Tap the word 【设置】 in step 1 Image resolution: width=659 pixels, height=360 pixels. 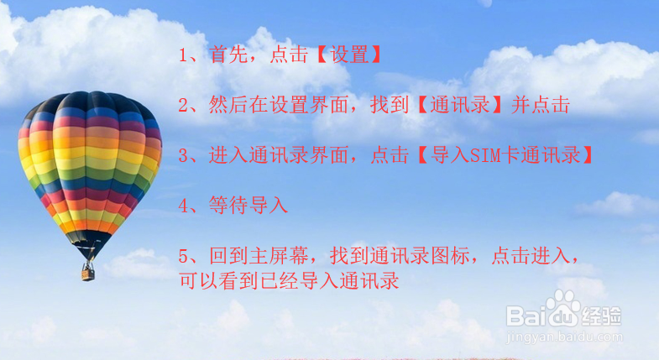(x=350, y=55)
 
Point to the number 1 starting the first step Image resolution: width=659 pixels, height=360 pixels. (x=185, y=56)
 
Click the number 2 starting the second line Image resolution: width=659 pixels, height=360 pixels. (x=185, y=106)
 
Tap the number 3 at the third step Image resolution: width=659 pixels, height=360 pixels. (x=185, y=155)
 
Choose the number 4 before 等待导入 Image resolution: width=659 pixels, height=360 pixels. (x=185, y=205)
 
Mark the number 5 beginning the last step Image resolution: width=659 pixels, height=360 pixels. (x=185, y=255)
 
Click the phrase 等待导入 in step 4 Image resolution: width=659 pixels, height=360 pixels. (x=248, y=205)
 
